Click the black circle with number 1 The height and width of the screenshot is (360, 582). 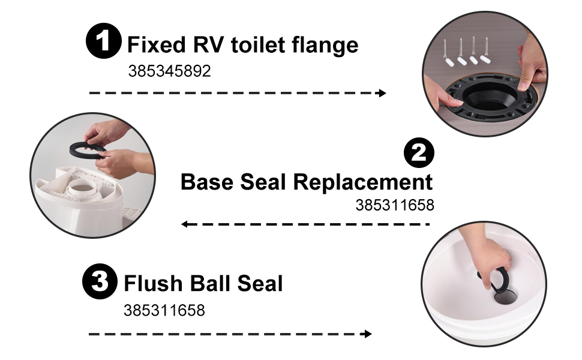104,41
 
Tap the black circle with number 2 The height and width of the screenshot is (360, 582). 419,152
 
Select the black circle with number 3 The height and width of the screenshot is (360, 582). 100,281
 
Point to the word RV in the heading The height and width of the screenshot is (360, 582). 208,45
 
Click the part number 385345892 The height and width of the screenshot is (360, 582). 169,71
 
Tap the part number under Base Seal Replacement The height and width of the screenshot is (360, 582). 395,205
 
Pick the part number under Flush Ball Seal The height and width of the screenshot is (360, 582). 164,310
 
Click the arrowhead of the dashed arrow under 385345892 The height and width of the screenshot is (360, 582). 382,93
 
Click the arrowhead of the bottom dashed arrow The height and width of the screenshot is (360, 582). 367,334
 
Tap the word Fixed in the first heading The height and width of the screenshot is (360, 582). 156,45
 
